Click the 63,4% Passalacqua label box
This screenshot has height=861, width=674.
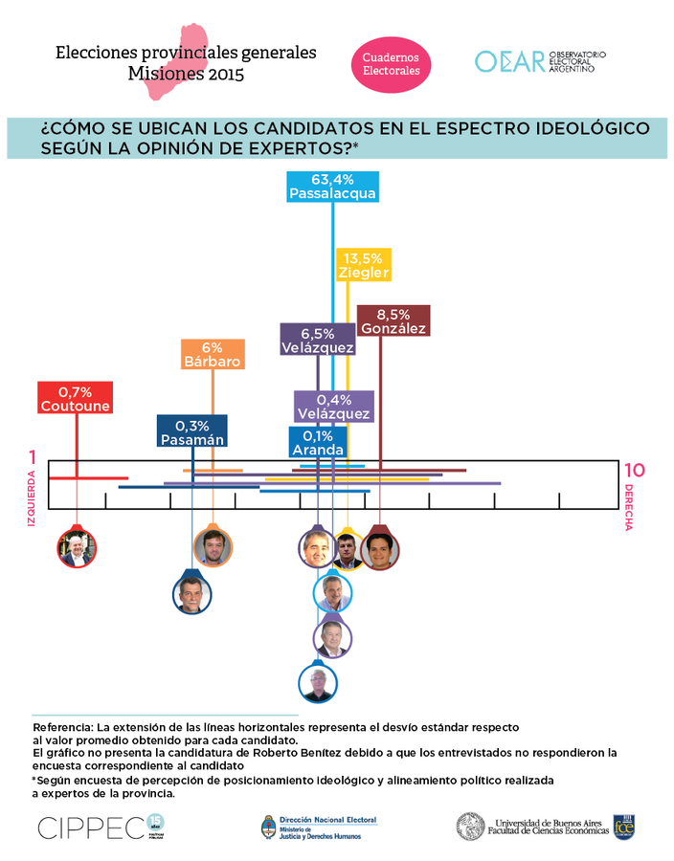click(x=332, y=187)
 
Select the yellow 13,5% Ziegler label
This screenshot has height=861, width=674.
click(x=363, y=264)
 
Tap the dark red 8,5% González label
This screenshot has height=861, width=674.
click(x=393, y=320)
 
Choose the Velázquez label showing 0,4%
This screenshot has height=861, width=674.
click(x=332, y=406)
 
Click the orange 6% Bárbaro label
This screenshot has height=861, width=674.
click(x=213, y=354)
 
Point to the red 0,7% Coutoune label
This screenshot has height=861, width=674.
click(x=76, y=398)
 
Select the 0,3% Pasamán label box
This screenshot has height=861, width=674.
click(x=192, y=431)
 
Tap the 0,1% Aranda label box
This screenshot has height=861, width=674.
click(x=318, y=441)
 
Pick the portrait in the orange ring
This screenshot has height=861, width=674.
click(x=213, y=547)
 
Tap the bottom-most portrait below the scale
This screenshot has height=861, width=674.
click(x=318, y=684)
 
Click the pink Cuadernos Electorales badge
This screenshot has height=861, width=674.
click(x=391, y=65)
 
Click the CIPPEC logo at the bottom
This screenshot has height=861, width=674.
click(x=90, y=826)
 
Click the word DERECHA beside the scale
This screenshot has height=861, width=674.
click(x=629, y=507)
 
